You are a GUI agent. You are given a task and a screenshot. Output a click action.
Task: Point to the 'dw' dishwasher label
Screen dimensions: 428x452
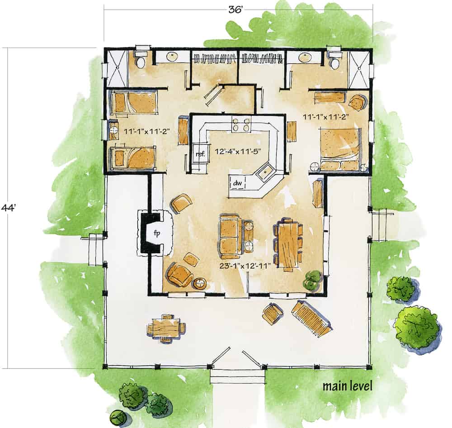click(x=237, y=183)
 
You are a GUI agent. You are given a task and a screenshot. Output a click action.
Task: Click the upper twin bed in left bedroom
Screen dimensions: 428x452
click(x=134, y=103)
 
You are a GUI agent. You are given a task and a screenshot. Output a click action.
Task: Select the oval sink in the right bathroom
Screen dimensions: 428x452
click(x=304, y=57)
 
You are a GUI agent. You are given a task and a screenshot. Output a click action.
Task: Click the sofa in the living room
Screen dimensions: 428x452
click(x=231, y=234)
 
